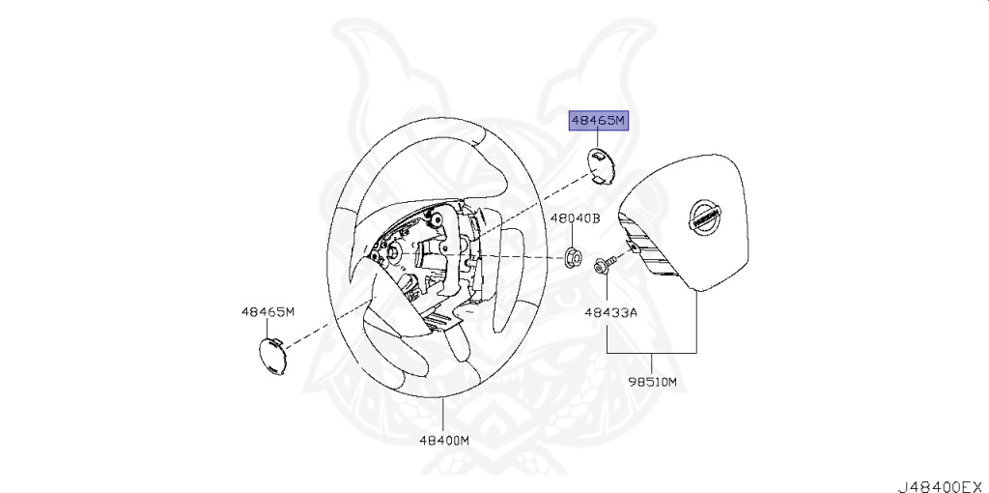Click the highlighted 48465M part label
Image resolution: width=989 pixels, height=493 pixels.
point(598,121)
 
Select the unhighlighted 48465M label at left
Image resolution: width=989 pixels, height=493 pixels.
point(268,311)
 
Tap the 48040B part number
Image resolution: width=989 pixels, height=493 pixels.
point(576,218)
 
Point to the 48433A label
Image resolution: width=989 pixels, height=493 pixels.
point(610,312)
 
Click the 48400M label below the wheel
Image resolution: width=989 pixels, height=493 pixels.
point(443,439)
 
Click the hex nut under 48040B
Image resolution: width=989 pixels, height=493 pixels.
point(572,258)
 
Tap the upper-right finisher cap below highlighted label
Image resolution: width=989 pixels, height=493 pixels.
point(601,163)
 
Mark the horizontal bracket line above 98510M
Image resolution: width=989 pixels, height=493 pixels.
point(651,349)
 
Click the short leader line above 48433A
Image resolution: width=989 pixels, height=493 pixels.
point(608,290)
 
